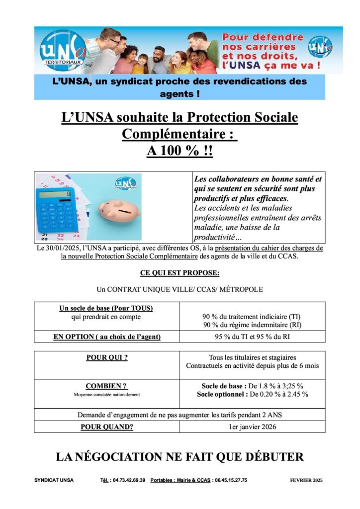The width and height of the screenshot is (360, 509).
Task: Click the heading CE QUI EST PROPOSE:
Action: point(180,273)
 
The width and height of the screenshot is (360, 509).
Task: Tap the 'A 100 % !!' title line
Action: point(180,151)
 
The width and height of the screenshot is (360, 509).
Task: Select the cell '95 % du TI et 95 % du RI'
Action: point(252,337)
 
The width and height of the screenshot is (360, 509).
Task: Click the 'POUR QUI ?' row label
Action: point(107,357)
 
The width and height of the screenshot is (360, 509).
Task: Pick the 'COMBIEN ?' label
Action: point(106,386)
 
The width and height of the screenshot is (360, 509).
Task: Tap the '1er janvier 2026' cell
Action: point(252,426)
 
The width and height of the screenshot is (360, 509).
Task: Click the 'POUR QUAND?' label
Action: point(107,426)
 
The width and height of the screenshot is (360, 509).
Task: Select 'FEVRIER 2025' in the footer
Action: point(306,480)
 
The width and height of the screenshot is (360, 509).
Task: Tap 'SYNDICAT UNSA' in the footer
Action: point(54,480)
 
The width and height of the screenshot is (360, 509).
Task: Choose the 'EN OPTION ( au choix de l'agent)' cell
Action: point(107,337)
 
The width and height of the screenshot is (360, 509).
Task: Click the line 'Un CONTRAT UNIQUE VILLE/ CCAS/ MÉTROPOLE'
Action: point(180,289)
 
